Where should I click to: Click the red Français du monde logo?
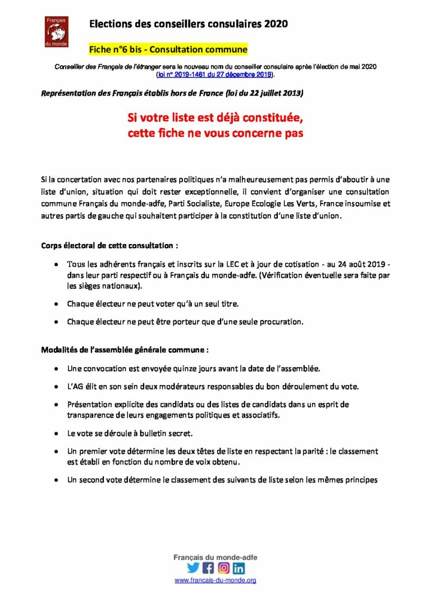point(56,31)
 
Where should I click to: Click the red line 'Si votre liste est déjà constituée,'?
point(215,120)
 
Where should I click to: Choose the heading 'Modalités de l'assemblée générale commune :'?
point(125,350)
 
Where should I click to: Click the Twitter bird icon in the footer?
point(193,567)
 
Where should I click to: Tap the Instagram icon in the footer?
point(223,567)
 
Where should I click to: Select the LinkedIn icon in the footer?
point(239,567)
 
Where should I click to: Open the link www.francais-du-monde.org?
point(215,580)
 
